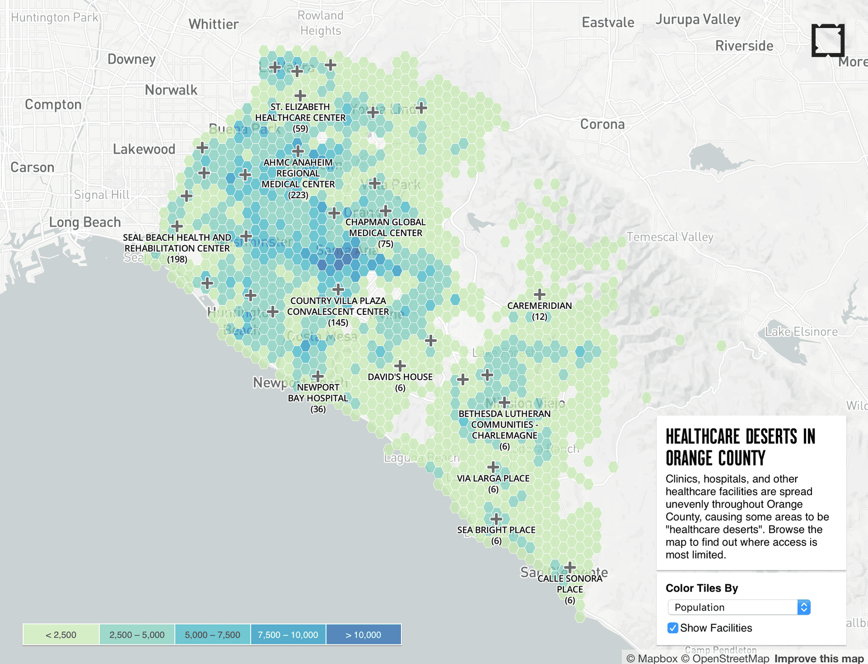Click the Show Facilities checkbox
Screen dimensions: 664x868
pyautogui.click(x=673, y=628)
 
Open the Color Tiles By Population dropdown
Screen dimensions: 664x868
pyautogui.click(x=739, y=607)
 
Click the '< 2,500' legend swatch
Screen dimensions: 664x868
pyautogui.click(x=61, y=635)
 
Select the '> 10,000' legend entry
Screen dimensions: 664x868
pyautogui.click(x=363, y=635)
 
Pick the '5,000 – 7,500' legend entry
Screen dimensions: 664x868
pyautogui.click(x=212, y=635)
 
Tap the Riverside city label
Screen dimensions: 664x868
pyautogui.click(x=744, y=46)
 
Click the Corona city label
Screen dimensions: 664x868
pyautogui.click(x=602, y=124)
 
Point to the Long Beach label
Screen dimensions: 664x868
pyautogui.click(x=85, y=222)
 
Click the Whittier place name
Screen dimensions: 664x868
pyautogui.click(x=213, y=24)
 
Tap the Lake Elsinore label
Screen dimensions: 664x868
pyautogui.click(x=801, y=332)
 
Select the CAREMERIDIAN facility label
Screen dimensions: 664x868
pyautogui.click(x=539, y=306)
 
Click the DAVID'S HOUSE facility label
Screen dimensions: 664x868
pyautogui.click(x=400, y=377)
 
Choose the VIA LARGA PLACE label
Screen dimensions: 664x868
pyautogui.click(x=493, y=478)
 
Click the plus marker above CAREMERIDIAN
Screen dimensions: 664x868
pyautogui.click(x=539, y=294)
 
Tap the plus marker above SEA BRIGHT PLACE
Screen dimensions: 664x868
pyautogui.click(x=496, y=518)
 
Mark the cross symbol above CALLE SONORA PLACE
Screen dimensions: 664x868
pyautogui.click(x=570, y=566)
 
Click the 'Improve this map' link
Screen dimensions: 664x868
pyautogui.click(x=819, y=659)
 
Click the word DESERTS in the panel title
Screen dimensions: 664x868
pyautogui.click(x=771, y=437)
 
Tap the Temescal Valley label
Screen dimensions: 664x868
pyautogui.click(x=670, y=237)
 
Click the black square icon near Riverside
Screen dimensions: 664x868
pyautogui.click(x=828, y=40)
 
